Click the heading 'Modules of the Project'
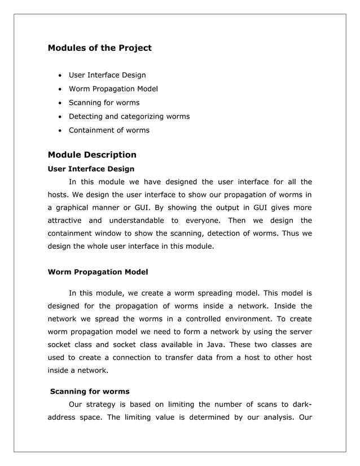coord(100,48)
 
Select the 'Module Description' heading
coord(92,155)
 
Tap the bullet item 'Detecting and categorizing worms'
coord(129,116)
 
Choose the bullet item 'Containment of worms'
coord(109,130)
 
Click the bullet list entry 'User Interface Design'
coord(107,75)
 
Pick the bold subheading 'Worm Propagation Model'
coord(98,272)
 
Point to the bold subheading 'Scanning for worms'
coord(90,391)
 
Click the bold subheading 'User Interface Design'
coord(91,169)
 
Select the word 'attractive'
coord(64,220)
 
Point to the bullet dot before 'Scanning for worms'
coord(59,103)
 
